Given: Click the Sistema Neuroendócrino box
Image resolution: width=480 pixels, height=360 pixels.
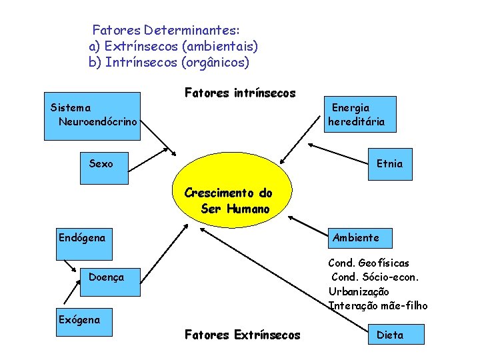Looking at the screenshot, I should (x=92, y=115).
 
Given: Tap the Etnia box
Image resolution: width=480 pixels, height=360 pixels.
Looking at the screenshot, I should (x=389, y=163).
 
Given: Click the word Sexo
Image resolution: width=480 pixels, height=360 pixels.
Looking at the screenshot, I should (x=101, y=163).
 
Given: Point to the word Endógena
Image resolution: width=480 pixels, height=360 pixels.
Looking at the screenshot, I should (x=82, y=237).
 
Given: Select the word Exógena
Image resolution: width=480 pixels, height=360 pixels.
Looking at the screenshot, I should (x=79, y=319).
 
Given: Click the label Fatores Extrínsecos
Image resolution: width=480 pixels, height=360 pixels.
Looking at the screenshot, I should (x=242, y=335).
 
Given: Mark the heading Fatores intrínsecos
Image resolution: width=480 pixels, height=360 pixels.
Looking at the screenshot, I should (x=239, y=93).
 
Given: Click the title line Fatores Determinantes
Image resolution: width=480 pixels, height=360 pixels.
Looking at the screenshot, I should (x=166, y=30).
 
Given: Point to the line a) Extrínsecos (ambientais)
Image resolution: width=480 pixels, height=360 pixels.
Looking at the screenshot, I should (x=173, y=47).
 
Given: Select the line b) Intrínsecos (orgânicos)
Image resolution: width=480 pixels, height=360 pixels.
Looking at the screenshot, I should (x=169, y=63).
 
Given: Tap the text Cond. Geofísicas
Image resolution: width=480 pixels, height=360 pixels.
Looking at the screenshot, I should (x=369, y=263).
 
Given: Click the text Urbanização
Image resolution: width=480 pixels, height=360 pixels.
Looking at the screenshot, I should (x=359, y=291).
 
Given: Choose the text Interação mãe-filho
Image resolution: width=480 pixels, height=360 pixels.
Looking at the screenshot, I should (x=378, y=305).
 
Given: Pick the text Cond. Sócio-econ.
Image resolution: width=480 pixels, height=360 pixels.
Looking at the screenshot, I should (x=375, y=277).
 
